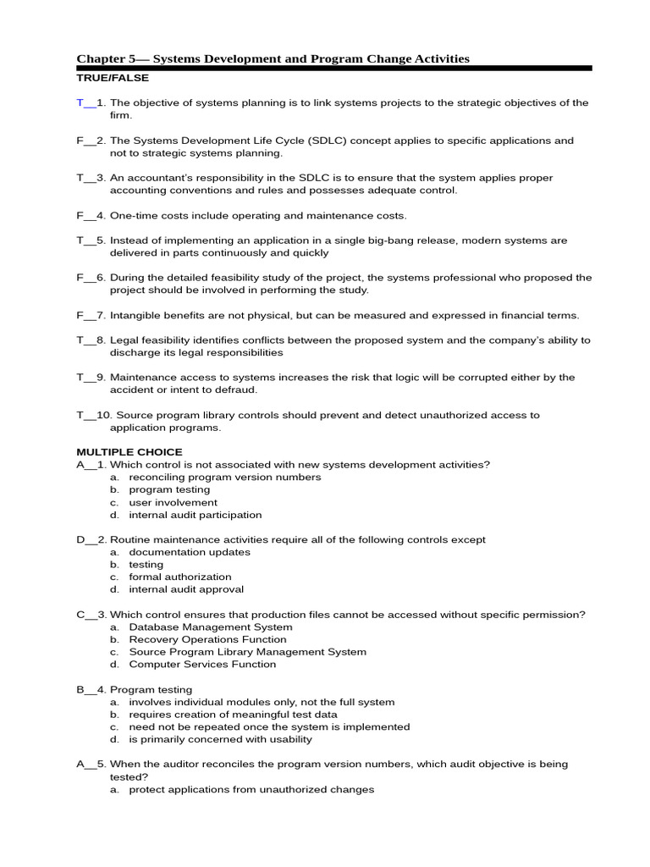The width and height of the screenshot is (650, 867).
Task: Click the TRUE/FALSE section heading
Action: pyautogui.click(x=113, y=78)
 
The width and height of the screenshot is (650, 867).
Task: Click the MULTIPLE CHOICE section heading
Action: pyautogui.click(x=129, y=452)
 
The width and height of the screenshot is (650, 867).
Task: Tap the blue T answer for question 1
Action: pyautogui.click(x=80, y=103)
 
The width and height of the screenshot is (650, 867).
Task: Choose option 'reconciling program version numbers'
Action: pyautogui.click(x=224, y=477)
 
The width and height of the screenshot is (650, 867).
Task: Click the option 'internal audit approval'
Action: pyautogui.click(x=185, y=589)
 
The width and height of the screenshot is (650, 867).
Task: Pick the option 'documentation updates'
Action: pyautogui.click(x=190, y=552)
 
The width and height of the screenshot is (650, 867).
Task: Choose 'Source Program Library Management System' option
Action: pyautogui.click(x=247, y=652)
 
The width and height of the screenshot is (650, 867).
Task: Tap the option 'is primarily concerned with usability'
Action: pyautogui.click(x=220, y=739)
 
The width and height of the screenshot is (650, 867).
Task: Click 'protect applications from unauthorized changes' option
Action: pyautogui.click(x=251, y=790)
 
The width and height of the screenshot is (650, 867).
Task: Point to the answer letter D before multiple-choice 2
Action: pyautogui.click(x=80, y=539)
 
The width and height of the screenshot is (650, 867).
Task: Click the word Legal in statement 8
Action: pyautogui.click(x=124, y=340)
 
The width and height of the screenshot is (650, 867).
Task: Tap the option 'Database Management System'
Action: pyautogui.click(x=210, y=627)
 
